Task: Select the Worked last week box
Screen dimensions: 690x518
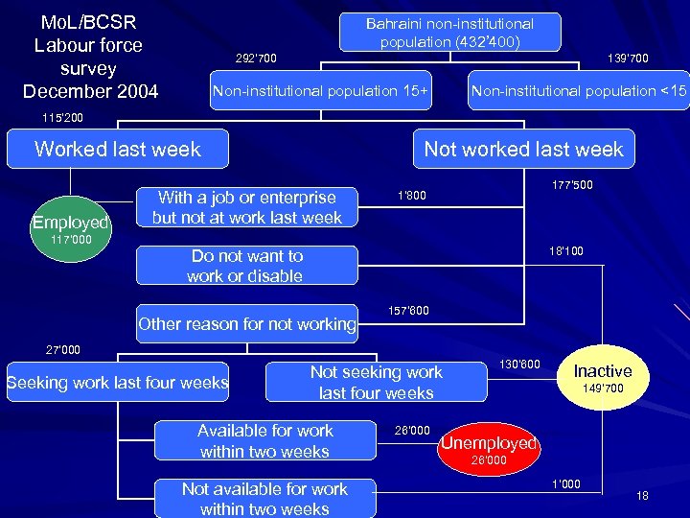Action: [117, 149]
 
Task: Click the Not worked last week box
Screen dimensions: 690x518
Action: [523, 149]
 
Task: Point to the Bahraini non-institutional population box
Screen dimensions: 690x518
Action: [450, 33]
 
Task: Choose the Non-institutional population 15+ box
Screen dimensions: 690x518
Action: [320, 91]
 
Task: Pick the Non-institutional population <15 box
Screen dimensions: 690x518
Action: [579, 91]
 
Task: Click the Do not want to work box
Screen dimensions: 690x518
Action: [246, 266]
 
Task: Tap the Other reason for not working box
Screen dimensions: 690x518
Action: [246, 324]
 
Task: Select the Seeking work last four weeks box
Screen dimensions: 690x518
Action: [117, 383]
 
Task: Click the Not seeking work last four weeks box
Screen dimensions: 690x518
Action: [376, 383]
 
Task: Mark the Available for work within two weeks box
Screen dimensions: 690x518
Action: [264, 441]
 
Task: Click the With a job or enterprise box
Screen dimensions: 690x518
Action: [246, 207]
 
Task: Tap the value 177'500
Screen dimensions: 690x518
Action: [573, 185]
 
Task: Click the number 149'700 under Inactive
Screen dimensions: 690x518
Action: [603, 388]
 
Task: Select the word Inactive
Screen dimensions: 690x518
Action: [603, 371]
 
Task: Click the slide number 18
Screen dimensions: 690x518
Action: [642, 495]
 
